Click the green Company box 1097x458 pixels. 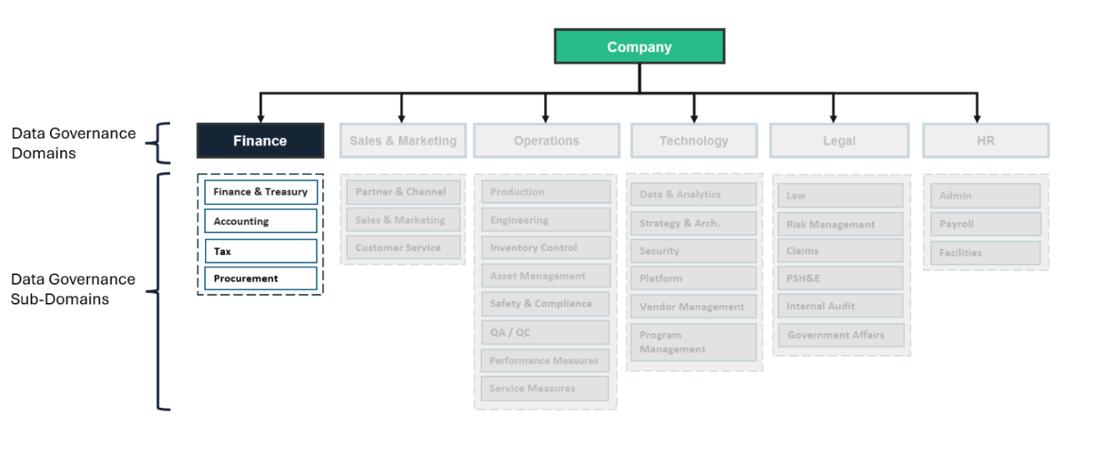click(x=639, y=47)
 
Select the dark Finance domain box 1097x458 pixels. click(x=260, y=141)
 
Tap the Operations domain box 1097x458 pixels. click(x=546, y=141)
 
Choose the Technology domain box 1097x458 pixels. click(x=693, y=141)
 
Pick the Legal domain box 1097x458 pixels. click(x=838, y=141)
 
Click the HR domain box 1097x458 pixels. click(x=986, y=141)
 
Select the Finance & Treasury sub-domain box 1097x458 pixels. click(x=261, y=192)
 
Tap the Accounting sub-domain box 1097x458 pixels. click(x=261, y=221)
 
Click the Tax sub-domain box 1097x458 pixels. click(x=261, y=252)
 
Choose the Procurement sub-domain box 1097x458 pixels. click(x=261, y=279)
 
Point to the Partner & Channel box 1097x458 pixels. click(x=403, y=192)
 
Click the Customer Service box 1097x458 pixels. click(x=403, y=248)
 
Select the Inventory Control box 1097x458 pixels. click(x=546, y=248)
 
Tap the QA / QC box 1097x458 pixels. click(x=546, y=332)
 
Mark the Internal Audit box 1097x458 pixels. click(x=840, y=306)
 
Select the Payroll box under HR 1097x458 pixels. click(x=986, y=224)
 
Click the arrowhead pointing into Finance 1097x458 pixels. click(x=260, y=116)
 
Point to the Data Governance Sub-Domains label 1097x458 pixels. click(x=73, y=289)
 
